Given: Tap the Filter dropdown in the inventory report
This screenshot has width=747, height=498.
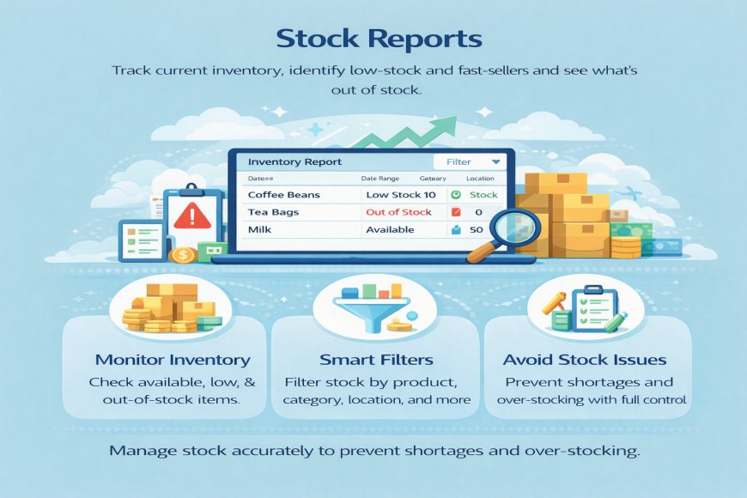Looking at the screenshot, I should (468, 161).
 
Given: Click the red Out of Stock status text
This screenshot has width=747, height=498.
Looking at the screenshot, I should (398, 212).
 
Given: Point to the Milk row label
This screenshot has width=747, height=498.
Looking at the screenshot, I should (259, 230).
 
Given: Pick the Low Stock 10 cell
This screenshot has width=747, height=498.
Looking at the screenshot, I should (401, 195).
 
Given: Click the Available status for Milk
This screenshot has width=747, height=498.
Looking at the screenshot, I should (390, 230).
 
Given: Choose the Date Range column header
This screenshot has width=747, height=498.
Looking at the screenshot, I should (383, 178).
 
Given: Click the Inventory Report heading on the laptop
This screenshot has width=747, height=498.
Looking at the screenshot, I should (294, 161).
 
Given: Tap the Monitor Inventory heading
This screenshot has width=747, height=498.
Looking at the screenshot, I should (173, 360).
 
